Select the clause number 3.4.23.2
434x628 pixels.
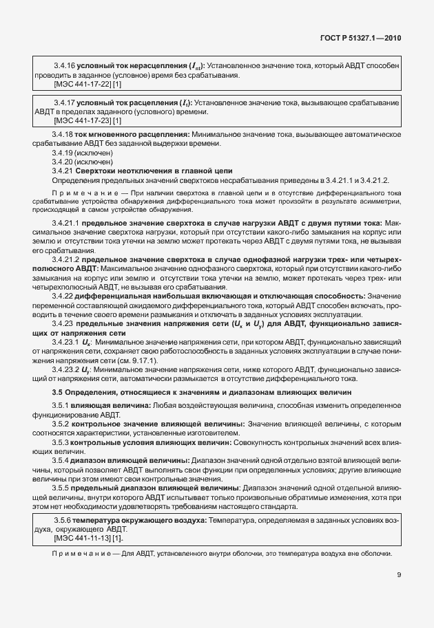tap(67, 369)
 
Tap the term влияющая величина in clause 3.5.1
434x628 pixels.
tap(110, 405)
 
